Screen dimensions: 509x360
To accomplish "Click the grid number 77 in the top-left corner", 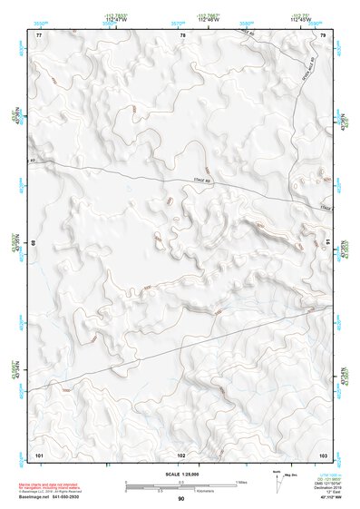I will (x=39, y=34).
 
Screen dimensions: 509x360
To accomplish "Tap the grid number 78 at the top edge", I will (x=182, y=34).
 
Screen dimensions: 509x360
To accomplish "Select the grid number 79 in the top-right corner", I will (x=323, y=34).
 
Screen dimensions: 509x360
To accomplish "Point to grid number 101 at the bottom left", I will (x=39, y=453).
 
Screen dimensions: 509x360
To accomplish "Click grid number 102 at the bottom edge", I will (x=182, y=453).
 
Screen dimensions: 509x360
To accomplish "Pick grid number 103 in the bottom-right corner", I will (x=323, y=453).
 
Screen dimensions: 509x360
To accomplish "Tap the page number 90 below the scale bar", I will (x=181, y=499).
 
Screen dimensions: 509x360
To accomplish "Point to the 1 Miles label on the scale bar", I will (x=241, y=481).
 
